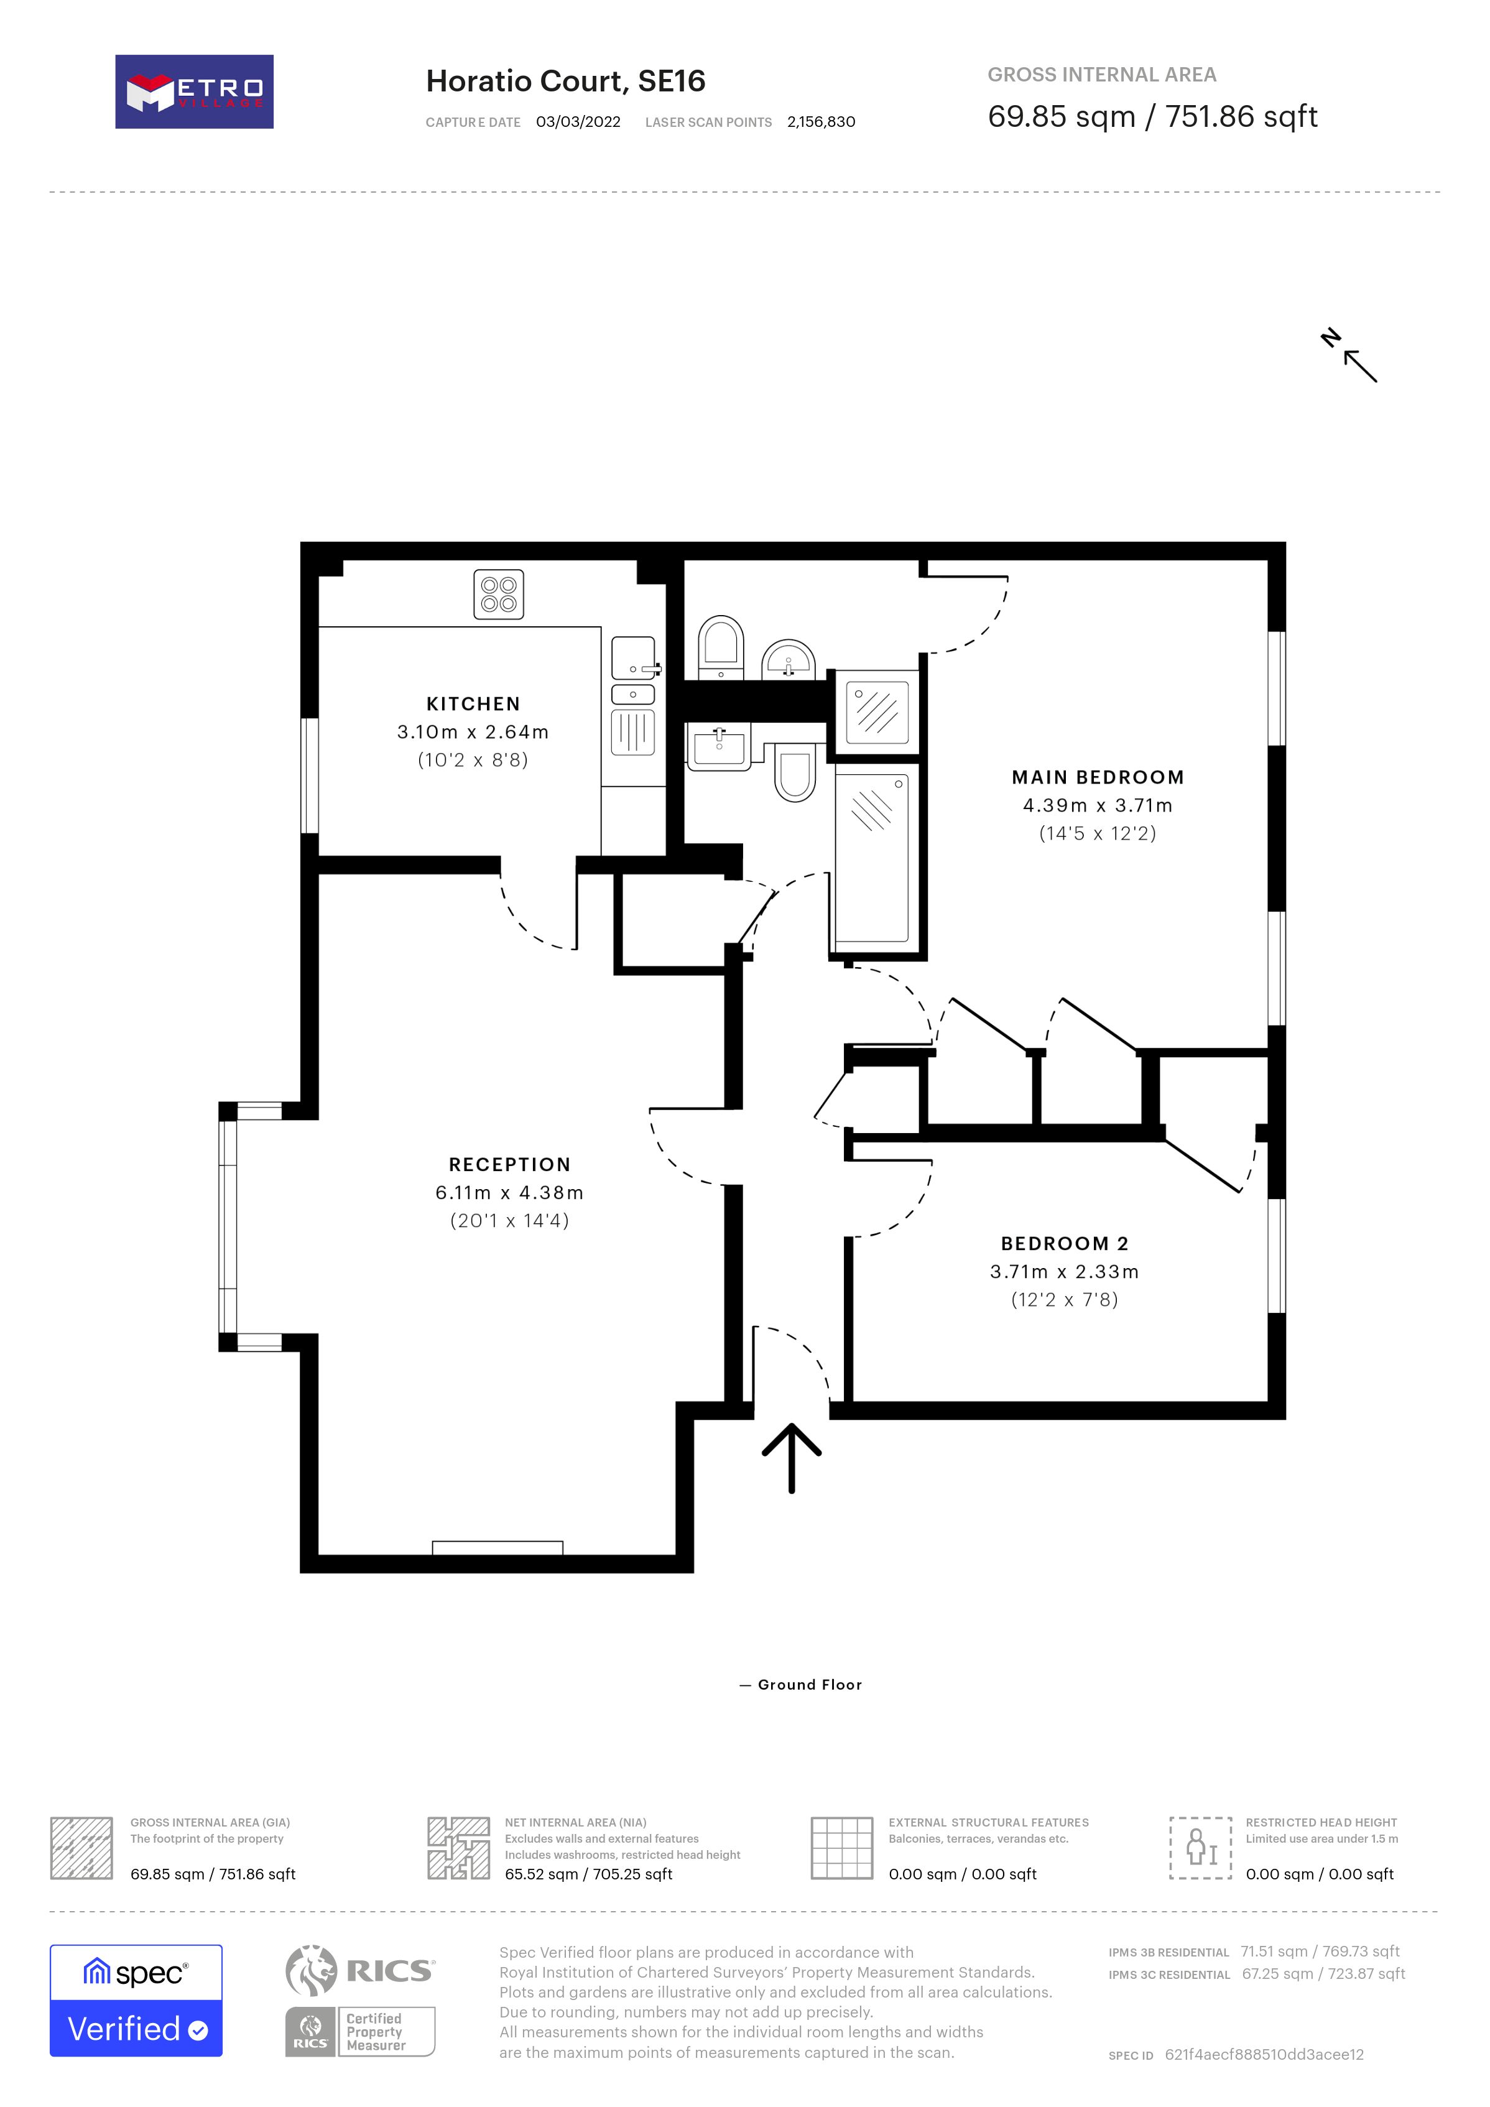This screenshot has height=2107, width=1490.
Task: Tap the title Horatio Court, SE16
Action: [565, 81]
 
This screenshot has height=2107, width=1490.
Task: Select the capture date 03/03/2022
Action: [578, 122]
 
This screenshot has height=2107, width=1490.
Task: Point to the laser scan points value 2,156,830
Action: [821, 122]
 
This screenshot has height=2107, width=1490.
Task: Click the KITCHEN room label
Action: [473, 704]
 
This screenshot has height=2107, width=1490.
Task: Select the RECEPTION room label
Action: [510, 1165]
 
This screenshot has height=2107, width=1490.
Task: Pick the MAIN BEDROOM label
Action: [1098, 777]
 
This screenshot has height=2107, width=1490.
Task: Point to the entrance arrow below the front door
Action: [792, 1457]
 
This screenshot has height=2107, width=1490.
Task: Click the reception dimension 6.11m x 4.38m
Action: [510, 1193]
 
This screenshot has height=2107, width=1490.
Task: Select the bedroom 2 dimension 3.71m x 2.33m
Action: [1064, 1272]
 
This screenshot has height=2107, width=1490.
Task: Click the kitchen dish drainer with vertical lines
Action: [633, 733]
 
